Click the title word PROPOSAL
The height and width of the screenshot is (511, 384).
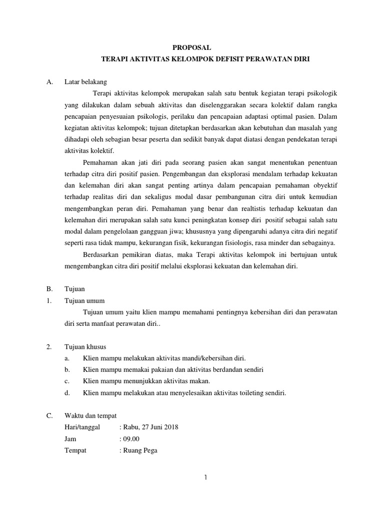point(191,47)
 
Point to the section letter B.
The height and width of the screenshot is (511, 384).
point(48,289)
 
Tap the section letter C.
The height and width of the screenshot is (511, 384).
point(48,416)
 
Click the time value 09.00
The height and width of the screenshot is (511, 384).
point(131,439)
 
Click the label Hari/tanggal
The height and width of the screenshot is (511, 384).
point(82,427)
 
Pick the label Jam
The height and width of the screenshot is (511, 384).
point(70,439)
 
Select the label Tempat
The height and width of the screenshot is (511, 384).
point(75,450)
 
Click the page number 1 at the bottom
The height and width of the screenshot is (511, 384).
point(205,478)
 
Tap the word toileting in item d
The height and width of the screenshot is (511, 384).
point(246,393)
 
